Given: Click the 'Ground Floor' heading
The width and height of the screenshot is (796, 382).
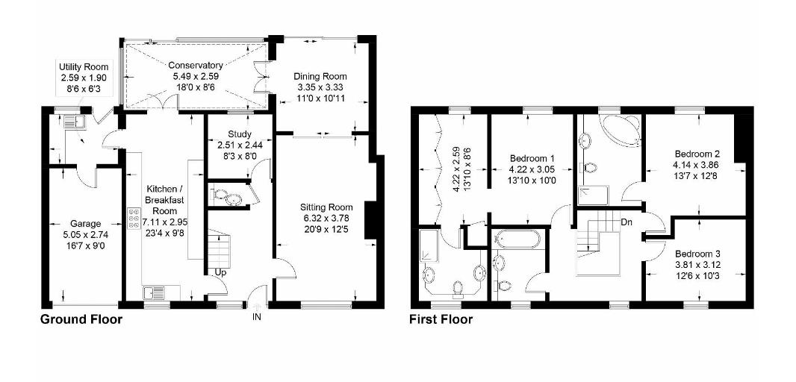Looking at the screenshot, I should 80,319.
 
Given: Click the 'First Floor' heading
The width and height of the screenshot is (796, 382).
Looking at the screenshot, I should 441,319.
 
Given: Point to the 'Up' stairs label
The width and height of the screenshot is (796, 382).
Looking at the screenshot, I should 220,272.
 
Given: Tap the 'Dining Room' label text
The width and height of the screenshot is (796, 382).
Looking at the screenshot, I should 320,76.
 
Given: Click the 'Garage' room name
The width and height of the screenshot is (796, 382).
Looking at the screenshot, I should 85,223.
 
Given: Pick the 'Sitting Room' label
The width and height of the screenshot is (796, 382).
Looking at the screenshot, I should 326,207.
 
